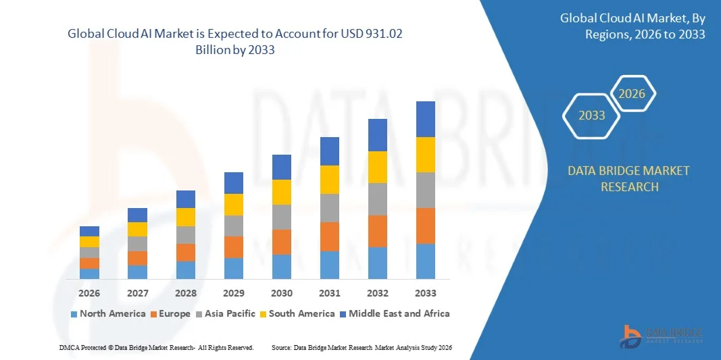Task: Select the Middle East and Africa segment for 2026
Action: (89, 231)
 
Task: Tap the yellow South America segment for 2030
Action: (282, 192)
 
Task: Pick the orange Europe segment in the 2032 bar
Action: (378, 231)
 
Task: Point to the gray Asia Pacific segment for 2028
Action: (186, 234)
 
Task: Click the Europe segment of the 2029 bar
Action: (234, 247)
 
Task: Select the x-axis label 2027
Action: (137, 293)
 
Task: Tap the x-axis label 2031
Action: (330, 293)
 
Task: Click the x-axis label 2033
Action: (426, 293)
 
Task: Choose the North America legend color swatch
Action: (74, 314)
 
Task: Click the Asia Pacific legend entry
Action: (226, 313)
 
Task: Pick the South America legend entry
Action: (301, 313)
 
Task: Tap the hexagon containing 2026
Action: (632, 94)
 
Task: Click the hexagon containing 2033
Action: (591, 115)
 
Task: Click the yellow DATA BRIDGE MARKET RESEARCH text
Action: (629, 178)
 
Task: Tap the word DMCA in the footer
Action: (70, 347)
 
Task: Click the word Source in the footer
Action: (281, 347)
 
